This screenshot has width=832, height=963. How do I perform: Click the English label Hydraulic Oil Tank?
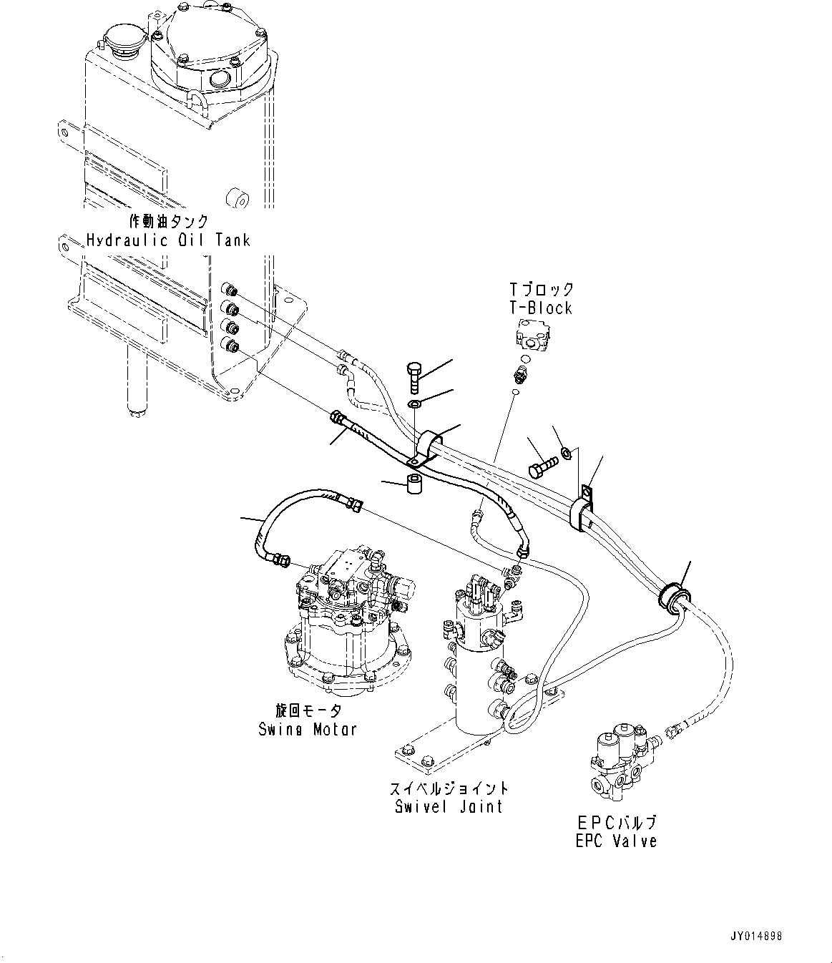pyautogui.click(x=168, y=240)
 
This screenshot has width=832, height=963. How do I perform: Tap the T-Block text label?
pyautogui.click(x=540, y=308)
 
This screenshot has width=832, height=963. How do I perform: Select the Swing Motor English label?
pyautogui.click(x=308, y=729)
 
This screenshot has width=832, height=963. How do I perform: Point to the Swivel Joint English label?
pyautogui.click(x=449, y=806)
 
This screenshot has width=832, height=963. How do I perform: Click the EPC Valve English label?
pyautogui.click(x=616, y=841)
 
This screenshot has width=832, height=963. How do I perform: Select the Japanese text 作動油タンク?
pyautogui.click(x=170, y=221)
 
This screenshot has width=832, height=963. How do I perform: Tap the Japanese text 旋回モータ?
pyautogui.click(x=308, y=710)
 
